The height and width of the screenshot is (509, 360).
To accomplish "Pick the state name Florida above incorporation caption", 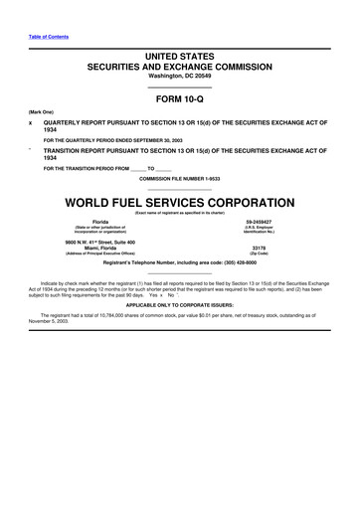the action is point(100,222).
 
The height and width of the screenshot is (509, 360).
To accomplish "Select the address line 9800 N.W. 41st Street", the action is point(102,242).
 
